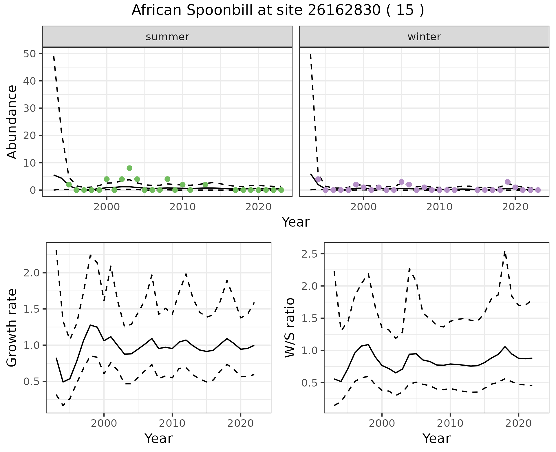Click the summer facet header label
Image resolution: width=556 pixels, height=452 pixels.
[x=167, y=37]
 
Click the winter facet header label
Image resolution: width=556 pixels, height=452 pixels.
[x=424, y=37]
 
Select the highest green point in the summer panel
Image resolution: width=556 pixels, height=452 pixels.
[x=129, y=168]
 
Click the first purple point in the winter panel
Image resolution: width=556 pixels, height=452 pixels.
[x=318, y=179]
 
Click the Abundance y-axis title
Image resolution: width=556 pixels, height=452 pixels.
[x=12, y=122]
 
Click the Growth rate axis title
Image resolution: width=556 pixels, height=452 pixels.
[x=12, y=327]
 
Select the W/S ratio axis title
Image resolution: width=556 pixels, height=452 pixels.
[x=290, y=327]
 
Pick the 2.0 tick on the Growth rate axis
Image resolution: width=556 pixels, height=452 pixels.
[x=32, y=273]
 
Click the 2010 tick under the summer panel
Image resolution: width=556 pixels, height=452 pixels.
[x=182, y=207]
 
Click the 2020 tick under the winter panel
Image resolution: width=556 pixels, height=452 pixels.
[x=515, y=207]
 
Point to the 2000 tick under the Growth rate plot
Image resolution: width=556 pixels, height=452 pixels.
[x=104, y=423]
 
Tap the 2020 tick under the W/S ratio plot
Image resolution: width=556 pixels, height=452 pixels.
[x=518, y=423]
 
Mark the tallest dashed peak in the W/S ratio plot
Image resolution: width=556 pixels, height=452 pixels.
[x=505, y=252]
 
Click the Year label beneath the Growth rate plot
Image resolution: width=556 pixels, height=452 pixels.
[x=158, y=438]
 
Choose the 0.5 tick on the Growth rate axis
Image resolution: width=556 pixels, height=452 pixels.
[x=32, y=382]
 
